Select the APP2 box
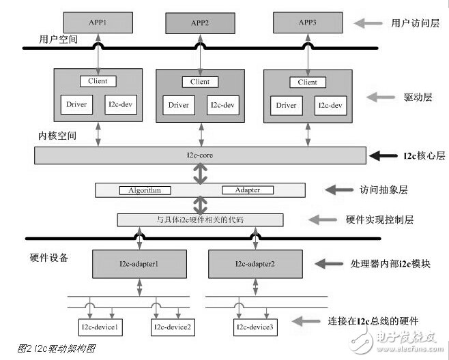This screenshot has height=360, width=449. coord(200,22)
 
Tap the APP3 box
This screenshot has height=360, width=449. coord(308,22)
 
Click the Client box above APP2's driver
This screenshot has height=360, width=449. coord(200,82)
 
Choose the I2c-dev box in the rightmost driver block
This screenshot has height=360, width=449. coord(330,106)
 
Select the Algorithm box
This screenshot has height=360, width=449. coord(145,190)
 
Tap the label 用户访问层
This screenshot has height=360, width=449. coord(408,23)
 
